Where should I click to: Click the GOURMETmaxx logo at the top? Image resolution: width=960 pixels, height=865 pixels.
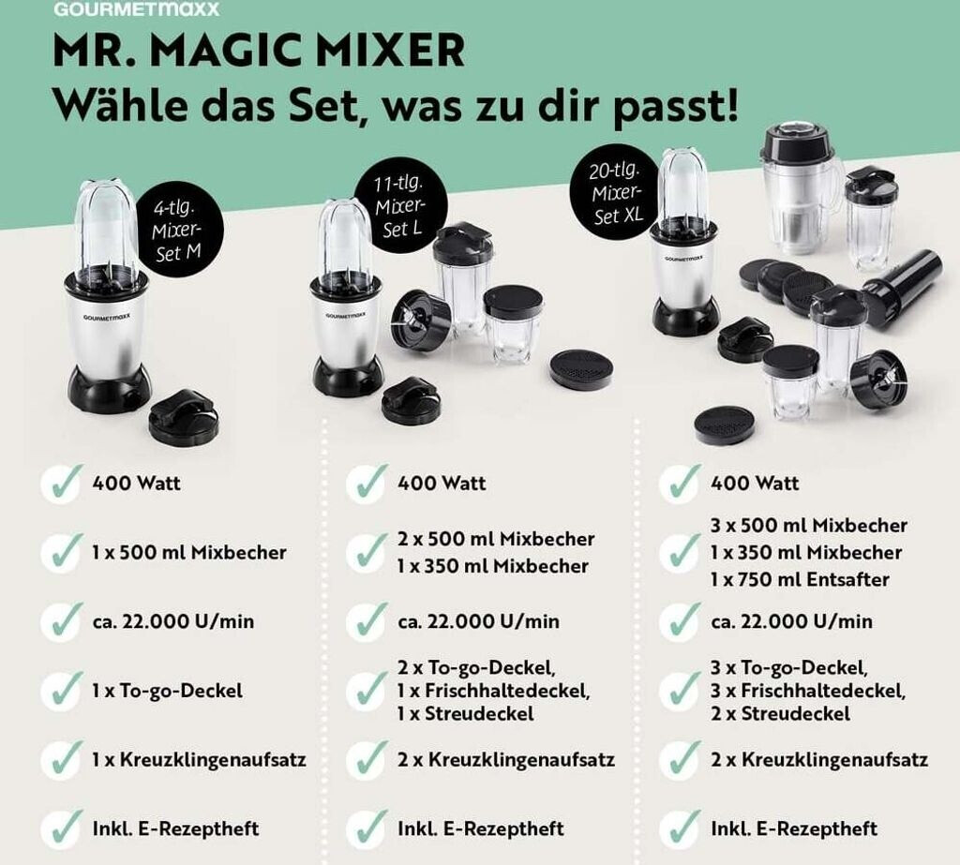[136, 8]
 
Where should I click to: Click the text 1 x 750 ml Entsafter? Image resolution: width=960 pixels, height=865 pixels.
[800, 579]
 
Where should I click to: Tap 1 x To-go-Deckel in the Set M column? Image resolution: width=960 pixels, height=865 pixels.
[167, 691]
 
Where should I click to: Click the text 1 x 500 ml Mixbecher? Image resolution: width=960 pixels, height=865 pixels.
[189, 552]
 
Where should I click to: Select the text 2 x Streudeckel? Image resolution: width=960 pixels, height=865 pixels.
[781, 713]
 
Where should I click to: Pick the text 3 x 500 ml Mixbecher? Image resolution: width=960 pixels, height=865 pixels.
[809, 525]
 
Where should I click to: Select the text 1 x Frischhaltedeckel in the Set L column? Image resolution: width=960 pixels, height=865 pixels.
[493, 691]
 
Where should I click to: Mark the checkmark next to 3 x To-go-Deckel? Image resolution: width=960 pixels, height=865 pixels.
[681, 690]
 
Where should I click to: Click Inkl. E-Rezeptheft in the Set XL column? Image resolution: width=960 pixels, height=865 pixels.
[794, 828]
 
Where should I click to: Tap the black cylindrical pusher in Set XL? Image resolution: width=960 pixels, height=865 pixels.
[902, 289]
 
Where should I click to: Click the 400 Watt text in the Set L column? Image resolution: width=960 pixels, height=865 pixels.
[442, 483]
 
